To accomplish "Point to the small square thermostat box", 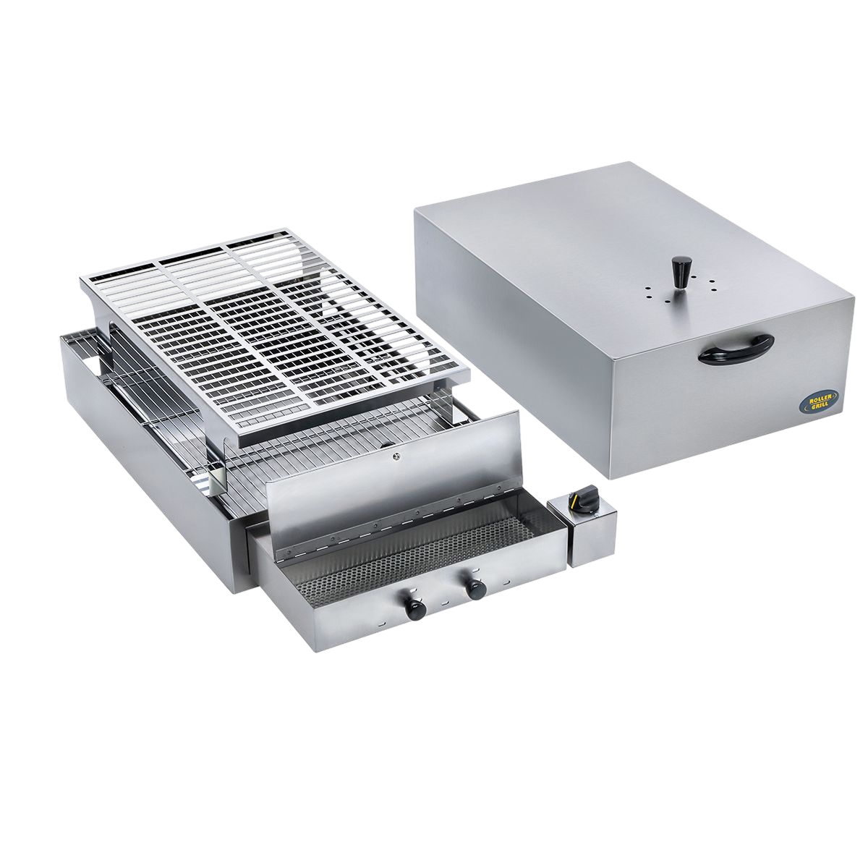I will (592, 532).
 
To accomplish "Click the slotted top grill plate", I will (275, 325).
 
